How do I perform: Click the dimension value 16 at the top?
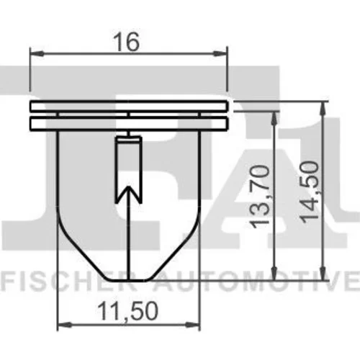[x=127, y=42]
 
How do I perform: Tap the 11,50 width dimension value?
[x=128, y=311]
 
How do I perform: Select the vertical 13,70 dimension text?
[x=259, y=197]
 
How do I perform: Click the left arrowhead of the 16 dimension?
[x=37, y=53]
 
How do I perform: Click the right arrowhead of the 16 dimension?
[x=220, y=53]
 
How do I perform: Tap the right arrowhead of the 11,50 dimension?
[x=193, y=325]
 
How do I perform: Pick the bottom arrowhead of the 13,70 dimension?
[x=274, y=273]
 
